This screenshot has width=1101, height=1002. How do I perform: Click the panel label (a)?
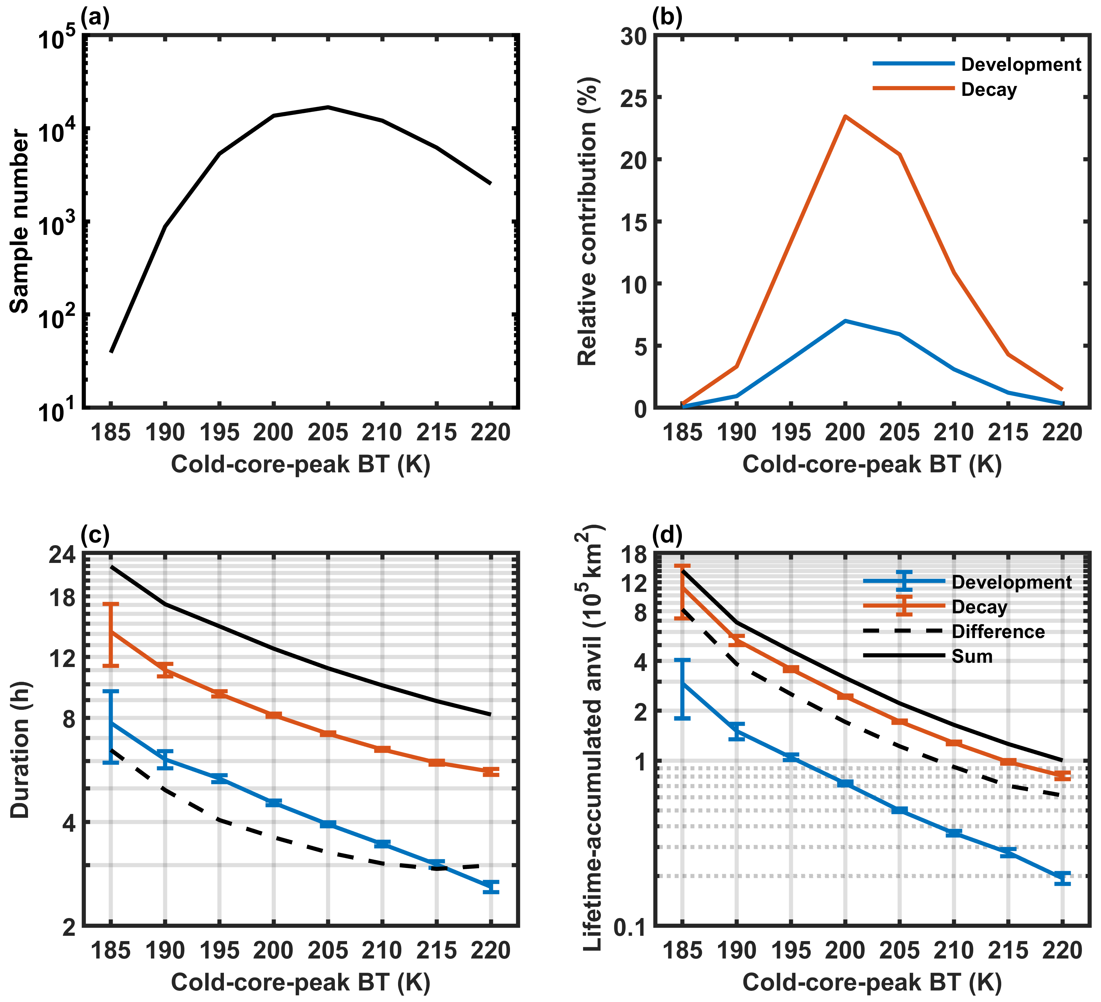95,18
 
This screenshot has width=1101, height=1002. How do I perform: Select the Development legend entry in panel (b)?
1021,65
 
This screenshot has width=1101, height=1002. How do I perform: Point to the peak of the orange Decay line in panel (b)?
845,116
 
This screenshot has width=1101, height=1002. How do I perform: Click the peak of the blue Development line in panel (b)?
845,321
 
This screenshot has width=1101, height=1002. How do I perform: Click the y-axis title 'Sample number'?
20,221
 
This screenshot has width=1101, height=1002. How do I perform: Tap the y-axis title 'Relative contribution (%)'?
588,221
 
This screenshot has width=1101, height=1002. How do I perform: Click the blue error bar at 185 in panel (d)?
683,689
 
